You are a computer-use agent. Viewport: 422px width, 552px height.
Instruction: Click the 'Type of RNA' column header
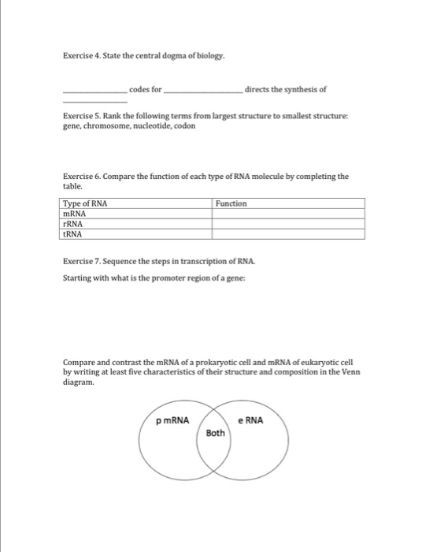[85, 203]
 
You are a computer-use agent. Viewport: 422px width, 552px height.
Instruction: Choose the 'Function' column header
[231, 203]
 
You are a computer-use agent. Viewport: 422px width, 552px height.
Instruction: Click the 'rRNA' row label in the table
[73, 224]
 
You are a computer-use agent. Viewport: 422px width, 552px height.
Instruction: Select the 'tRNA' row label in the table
[73, 234]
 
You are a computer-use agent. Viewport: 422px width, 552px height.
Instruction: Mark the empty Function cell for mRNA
[288, 214]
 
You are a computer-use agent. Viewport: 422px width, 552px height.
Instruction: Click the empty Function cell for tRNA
[288, 234]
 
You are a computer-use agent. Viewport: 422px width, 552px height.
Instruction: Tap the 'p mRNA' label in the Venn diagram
[173, 420]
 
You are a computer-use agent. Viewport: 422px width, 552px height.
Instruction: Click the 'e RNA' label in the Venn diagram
[253, 420]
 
